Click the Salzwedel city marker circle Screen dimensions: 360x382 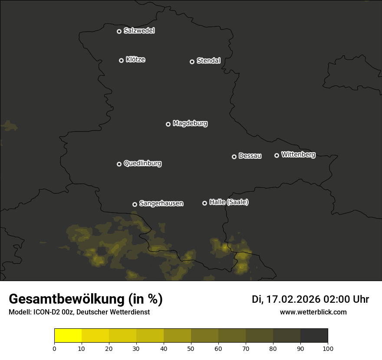click(119, 31)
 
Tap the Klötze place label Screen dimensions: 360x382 click(135, 60)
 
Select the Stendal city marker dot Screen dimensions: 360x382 click(192, 62)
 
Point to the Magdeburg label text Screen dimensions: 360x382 click(190, 124)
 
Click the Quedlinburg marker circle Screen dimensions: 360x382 click(119, 164)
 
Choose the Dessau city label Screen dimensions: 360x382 click(250, 156)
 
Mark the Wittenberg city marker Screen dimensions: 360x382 click(277, 155)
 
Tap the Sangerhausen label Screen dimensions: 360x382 click(161, 203)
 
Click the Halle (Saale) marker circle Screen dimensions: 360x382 click(204, 203)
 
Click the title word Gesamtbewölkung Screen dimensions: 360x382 click(66, 299)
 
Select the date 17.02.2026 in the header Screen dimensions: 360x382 click(293, 299)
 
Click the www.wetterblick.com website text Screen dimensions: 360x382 click(313, 312)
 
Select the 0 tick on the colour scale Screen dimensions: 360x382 click(54, 349)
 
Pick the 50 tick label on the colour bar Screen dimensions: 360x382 click(191, 349)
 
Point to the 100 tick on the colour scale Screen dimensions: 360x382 click(328, 349)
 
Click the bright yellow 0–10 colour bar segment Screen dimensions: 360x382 click(68, 336)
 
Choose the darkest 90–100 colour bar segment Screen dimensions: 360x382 click(314, 336)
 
